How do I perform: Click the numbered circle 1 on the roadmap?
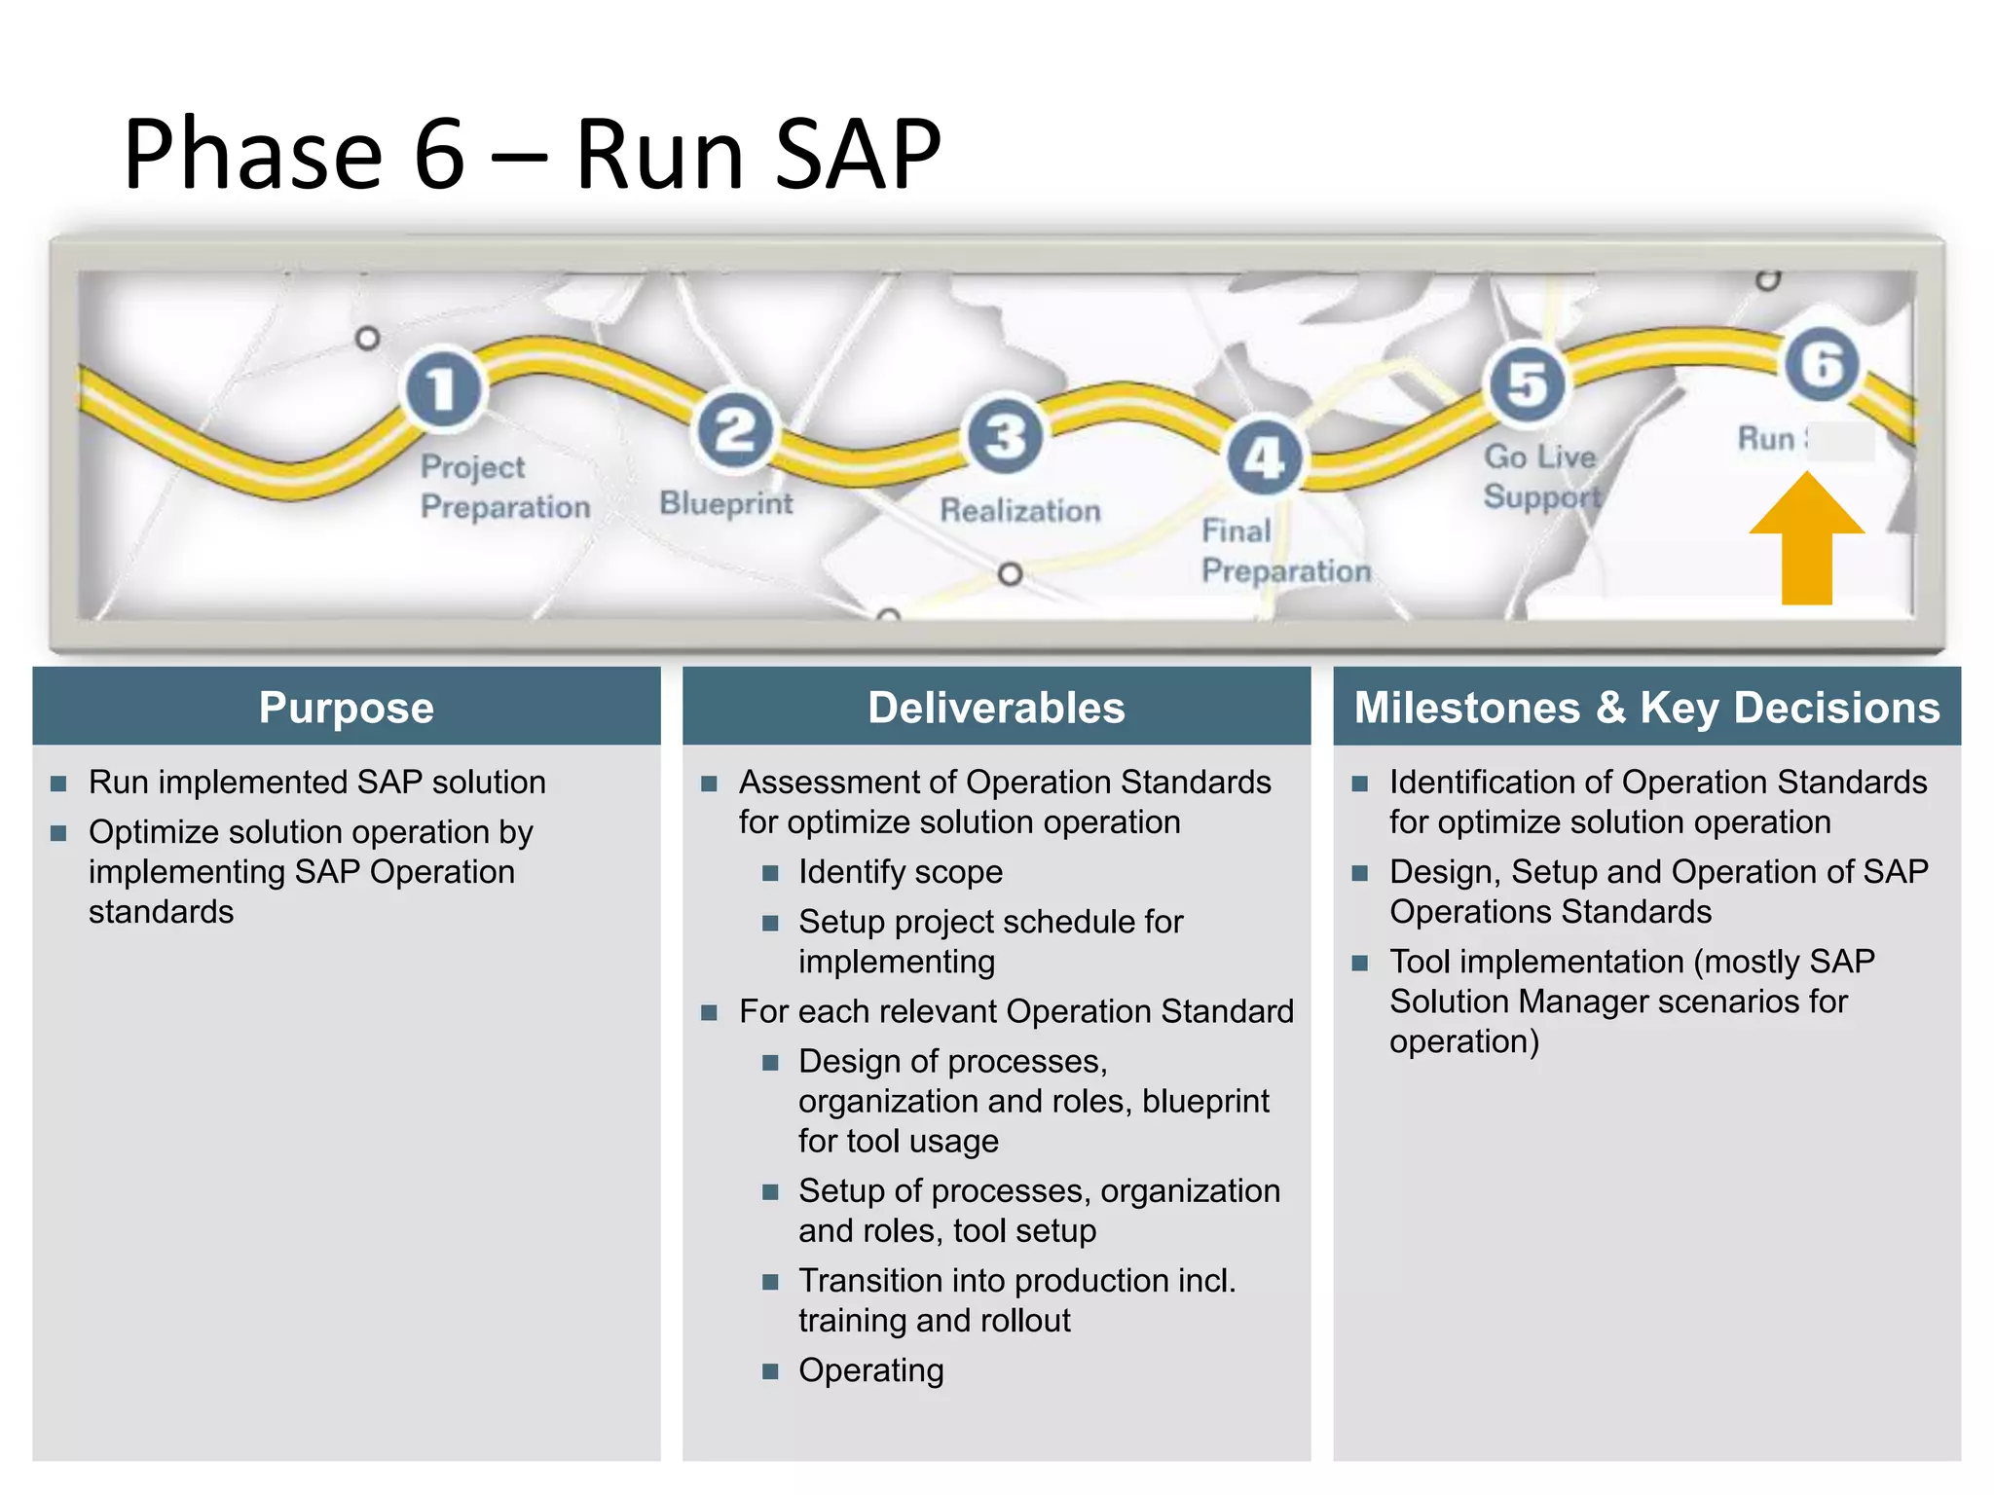443,388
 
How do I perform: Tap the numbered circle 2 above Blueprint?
735,431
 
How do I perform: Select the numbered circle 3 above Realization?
1005,435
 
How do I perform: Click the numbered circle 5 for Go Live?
1528,384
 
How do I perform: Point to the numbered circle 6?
1821,364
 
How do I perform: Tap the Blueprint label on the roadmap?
726,503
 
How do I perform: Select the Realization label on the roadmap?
1019,510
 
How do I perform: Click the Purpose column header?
347,708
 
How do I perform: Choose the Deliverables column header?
996,708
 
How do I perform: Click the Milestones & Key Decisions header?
1646,708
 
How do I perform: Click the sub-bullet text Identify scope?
901,872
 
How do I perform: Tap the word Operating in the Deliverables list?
871,1370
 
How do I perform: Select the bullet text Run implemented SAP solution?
317,783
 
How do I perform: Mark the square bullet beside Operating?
770,1371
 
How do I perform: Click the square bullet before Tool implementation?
1360,963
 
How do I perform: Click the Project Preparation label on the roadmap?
504,487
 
